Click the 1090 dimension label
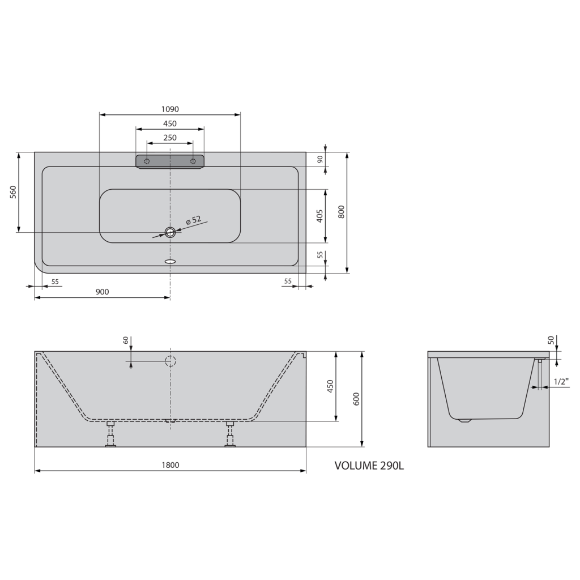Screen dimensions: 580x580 coord(170,109)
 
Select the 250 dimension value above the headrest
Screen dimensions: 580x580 coord(170,138)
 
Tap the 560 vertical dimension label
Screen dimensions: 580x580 coord(13,193)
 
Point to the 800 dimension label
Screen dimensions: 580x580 coord(341,212)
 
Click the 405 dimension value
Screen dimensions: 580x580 coord(320,216)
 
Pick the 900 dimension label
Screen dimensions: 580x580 coord(102,292)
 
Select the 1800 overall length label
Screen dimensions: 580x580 coord(170,465)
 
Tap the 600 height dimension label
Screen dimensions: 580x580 coord(356,399)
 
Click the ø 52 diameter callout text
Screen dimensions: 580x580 coord(193,221)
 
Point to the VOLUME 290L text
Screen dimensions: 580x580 coord(369,466)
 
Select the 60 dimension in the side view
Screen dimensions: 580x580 coord(126,340)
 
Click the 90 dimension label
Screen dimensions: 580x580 coord(320,159)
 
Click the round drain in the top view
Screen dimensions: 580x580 coord(170,232)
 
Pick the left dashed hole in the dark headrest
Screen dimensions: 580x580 coord(147,161)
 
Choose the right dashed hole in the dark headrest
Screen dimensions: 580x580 coord(193,161)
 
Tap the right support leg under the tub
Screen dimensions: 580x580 coord(230,434)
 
